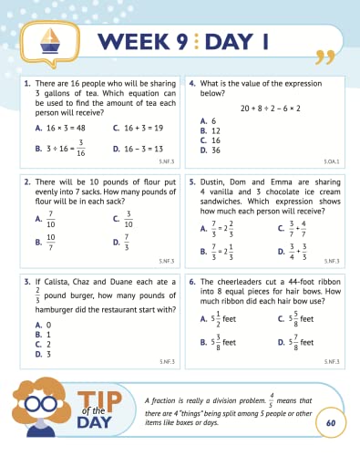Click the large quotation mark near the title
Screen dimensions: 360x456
320,57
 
